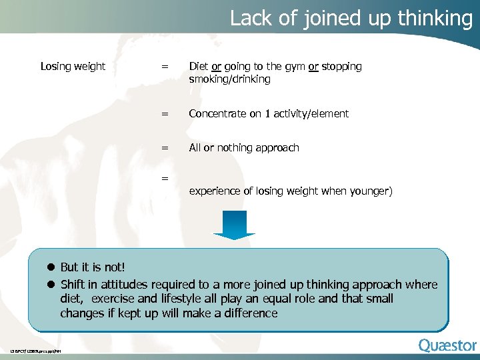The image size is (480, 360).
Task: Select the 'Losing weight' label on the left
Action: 73,66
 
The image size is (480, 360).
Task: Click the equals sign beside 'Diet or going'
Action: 165,67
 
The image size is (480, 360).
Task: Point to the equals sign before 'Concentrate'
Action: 165,114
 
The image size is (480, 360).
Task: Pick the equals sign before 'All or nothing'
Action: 165,148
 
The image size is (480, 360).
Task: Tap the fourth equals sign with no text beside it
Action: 165,178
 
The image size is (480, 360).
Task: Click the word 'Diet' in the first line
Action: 199,66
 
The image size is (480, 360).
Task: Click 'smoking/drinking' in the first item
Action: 229,79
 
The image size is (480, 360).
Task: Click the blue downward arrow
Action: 234,224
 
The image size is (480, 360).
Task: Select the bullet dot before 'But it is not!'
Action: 50,267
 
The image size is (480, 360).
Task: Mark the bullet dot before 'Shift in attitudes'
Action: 50,285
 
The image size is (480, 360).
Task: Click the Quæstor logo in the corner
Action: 447,345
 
